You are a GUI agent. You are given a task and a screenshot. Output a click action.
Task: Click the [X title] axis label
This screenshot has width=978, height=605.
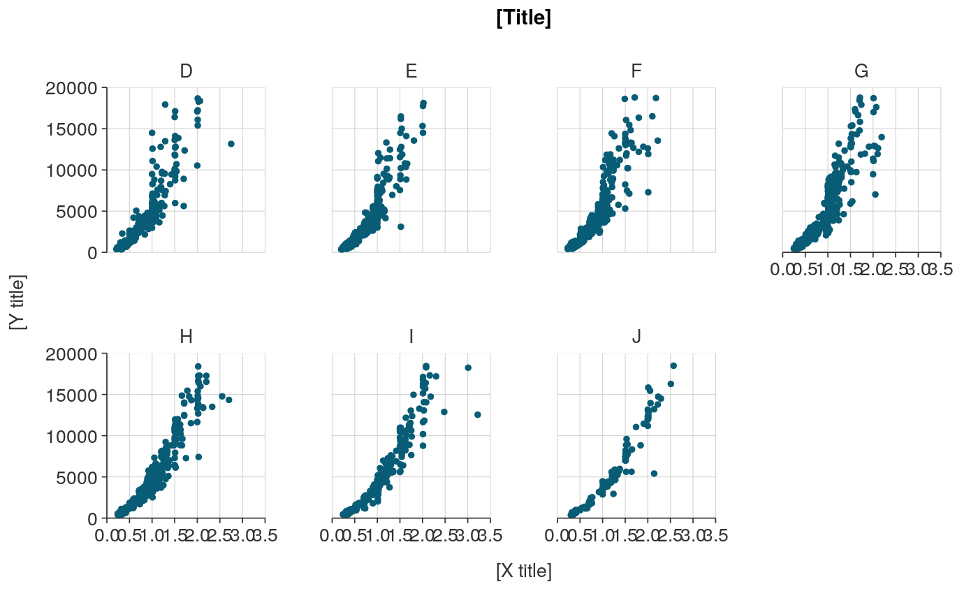pos(523,571)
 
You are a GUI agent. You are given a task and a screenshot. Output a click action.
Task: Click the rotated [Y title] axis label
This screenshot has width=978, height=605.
pos(17,302)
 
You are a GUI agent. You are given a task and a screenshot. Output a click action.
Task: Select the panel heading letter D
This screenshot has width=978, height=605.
pos(186,71)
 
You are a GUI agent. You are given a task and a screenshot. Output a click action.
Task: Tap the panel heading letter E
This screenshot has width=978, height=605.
pos(411,71)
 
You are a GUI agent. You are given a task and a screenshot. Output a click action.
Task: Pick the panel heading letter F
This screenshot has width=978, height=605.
pos(636,71)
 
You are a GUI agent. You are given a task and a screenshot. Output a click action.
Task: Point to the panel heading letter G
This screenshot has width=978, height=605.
pos(861,71)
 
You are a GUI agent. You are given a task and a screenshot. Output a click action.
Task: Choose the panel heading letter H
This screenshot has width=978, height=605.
pos(186,337)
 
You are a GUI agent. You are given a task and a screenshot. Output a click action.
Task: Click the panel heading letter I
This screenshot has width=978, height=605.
pos(411,337)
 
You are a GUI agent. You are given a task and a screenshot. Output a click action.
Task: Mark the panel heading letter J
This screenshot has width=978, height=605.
pos(636,337)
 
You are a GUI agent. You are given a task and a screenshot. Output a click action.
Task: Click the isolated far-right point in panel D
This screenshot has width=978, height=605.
pos(231,144)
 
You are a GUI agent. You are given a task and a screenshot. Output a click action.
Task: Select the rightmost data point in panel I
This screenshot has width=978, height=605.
pos(478,414)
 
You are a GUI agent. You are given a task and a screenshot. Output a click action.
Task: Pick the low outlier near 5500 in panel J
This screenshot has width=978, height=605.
pos(654,473)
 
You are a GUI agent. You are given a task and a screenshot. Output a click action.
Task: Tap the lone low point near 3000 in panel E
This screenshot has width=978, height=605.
pos(400,226)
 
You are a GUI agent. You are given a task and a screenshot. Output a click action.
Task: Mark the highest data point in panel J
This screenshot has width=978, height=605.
pos(673,365)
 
